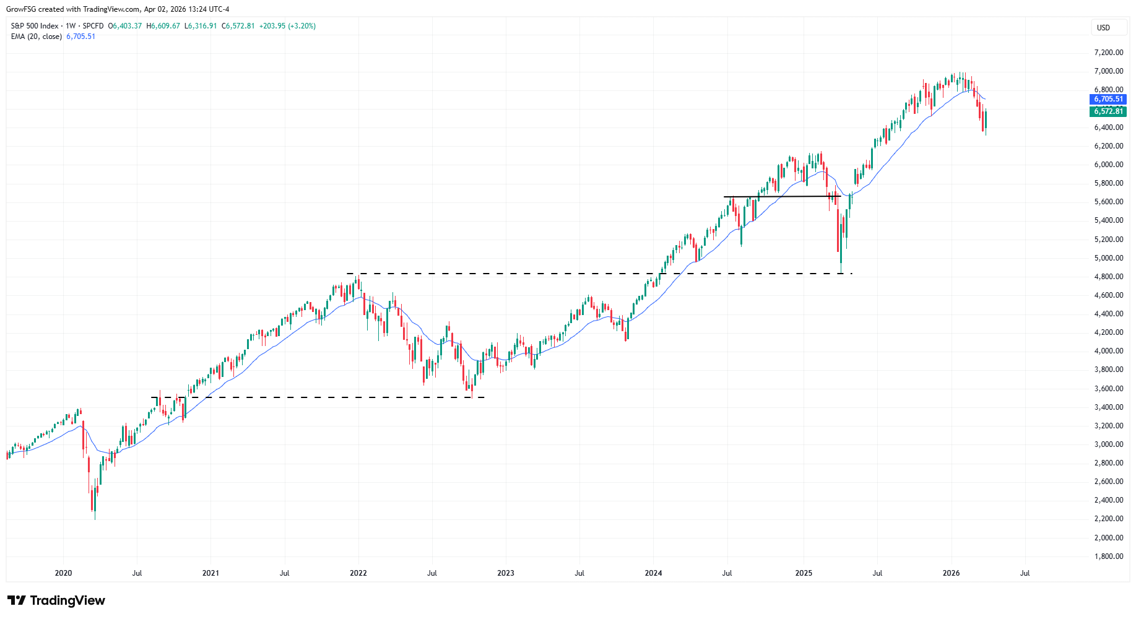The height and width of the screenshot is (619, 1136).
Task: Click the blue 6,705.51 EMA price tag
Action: pyautogui.click(x=1108, y=99)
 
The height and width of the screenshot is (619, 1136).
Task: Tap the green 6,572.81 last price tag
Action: pyautogui.click(x=1108, y=111)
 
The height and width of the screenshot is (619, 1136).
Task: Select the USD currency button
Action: pyautogui.click(x=1103, y=27)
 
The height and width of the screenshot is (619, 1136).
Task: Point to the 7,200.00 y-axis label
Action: pyautogui.click(x=1108, y=53)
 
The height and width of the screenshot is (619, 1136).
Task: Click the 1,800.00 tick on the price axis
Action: pyautogui.click(x=1108, y=556)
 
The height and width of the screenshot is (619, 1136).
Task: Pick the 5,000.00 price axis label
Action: pyautogui.click(x=1108, y=258)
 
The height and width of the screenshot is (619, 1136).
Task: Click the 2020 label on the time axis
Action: pyautogui.click(x=63, y=573)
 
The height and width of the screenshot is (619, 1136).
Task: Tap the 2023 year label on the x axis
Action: pyautogui.click(x=506, y=573)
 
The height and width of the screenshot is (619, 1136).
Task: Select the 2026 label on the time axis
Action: pyautogui.click(x=951, y=573)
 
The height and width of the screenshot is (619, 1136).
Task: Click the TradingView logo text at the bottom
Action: pyautogui.click(x=56, y=600)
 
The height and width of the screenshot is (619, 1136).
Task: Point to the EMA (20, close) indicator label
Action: pyautogui.click(x=37, y=37)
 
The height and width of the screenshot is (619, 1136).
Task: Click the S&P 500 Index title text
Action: pyautogui.click(x=35, y=26)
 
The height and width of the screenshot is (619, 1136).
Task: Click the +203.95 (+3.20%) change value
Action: pyautogui.click(x=287, y=26)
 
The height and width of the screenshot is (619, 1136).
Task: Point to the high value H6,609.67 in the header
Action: pyautogui.click(x=163, y=26)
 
